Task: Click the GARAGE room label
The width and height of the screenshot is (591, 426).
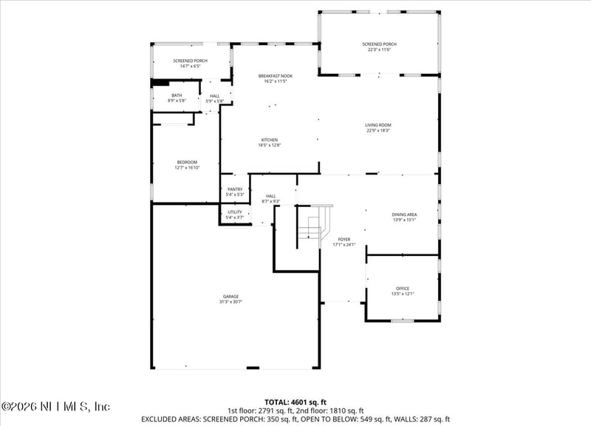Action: (230, 297)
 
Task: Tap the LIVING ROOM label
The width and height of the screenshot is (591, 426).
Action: (378, 125)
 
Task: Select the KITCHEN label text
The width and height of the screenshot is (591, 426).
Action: (268, 140)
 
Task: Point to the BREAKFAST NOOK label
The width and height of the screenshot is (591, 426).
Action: (275, 76)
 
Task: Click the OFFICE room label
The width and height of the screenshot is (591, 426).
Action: (403, 288)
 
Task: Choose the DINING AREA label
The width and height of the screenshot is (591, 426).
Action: (404, 214)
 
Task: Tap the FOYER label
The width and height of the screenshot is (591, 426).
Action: (344, 240)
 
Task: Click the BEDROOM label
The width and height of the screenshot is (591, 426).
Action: (187, 162)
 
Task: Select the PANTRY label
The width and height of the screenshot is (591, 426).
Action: (235, 189)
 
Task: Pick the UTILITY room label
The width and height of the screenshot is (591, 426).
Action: (234, 212)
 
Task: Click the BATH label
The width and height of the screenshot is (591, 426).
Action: (177, 95)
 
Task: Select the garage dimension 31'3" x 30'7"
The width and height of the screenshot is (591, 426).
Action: (230, 302)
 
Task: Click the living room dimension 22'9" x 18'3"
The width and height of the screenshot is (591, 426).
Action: (378, 130)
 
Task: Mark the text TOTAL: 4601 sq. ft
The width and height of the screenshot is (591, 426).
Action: (295, 402)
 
